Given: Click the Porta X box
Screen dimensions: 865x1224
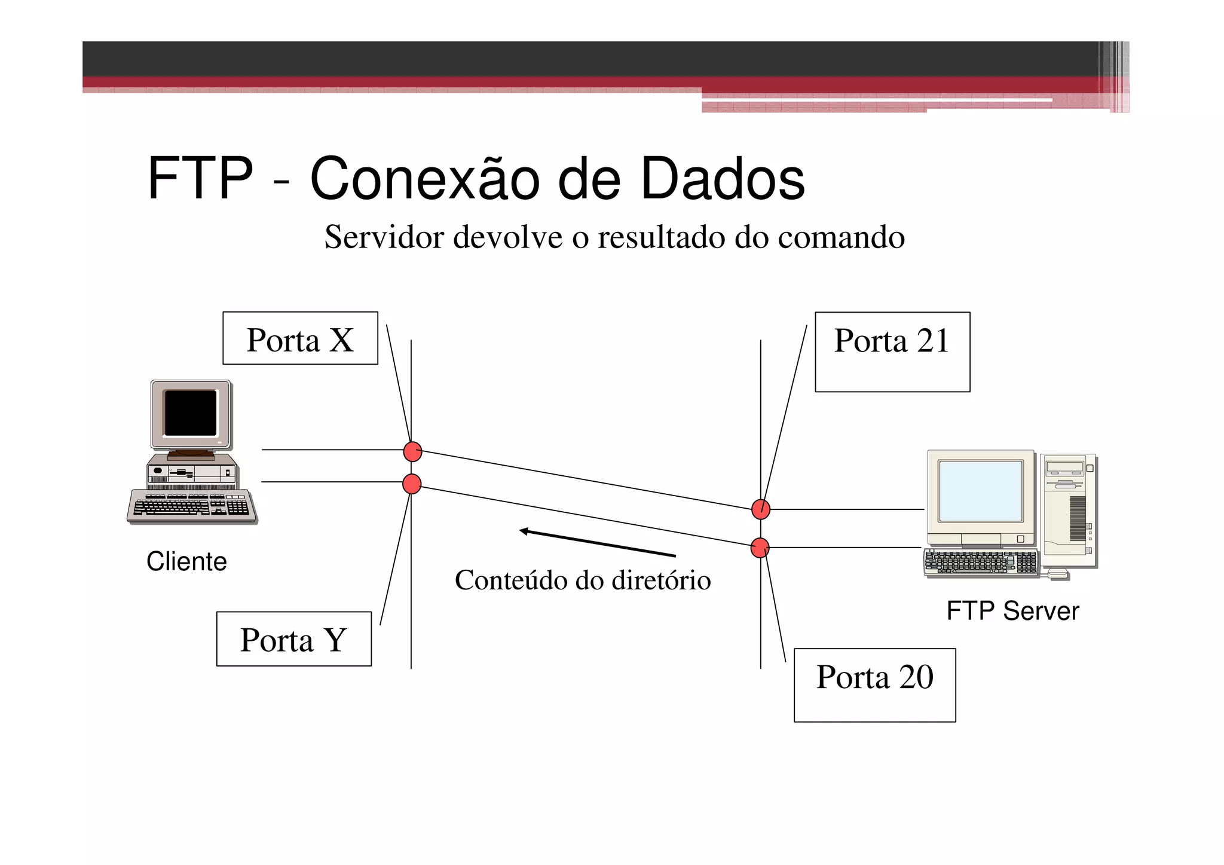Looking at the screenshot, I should coord(300,338).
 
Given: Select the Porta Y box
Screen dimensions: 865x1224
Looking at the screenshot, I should coord(293,639).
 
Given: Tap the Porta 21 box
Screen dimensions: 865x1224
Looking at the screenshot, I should coord(892,352).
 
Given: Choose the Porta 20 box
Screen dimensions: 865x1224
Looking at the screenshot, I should coord(874,685).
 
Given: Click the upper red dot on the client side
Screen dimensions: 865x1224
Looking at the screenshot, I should coord(412,451).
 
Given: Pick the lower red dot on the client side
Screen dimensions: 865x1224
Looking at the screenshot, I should coord(412,484).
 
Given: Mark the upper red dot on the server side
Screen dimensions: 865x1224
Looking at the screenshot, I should coord(761,509).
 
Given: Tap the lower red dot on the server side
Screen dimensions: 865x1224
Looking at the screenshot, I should coord(760,548).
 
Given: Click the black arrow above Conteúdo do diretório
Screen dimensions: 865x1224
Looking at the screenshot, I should coord(597,543).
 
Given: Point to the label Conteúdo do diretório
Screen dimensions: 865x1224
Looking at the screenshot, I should coord(583,580).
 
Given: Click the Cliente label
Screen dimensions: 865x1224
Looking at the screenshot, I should coord(186,562).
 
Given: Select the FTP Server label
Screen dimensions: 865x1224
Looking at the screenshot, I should coord(1012,611).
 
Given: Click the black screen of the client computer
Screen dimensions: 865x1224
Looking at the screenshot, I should coord(191,413).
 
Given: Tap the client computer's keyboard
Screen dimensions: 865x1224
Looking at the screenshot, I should coord(191,506).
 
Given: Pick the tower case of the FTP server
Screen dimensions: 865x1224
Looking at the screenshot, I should coord(1069,511).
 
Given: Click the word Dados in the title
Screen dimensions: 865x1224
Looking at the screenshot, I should coord(723,178).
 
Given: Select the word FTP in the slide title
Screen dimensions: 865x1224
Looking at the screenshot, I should coord(200,178).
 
